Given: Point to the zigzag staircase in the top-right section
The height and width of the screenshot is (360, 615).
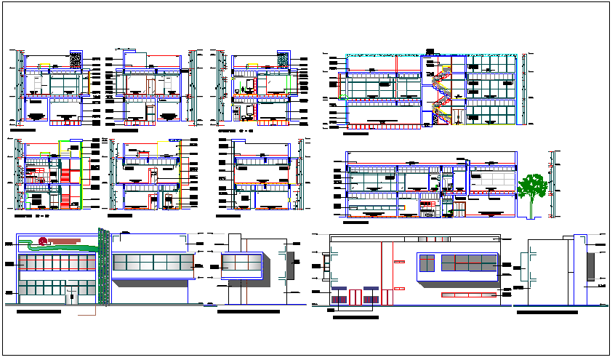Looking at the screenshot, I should [x=441, y=91].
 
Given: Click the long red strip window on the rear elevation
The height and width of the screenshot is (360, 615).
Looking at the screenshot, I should [x=470, y=295].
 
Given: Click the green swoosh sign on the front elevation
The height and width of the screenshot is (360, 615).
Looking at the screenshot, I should [x=62, y=247].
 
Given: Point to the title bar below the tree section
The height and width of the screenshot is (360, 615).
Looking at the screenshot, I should [x=366, y=217].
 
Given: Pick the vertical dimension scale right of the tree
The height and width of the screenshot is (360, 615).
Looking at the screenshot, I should [x=557, y=182].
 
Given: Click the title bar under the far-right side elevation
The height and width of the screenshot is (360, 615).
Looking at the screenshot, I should [x=546, y=312].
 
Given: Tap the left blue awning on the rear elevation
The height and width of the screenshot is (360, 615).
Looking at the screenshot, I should [x=339, y=297].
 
